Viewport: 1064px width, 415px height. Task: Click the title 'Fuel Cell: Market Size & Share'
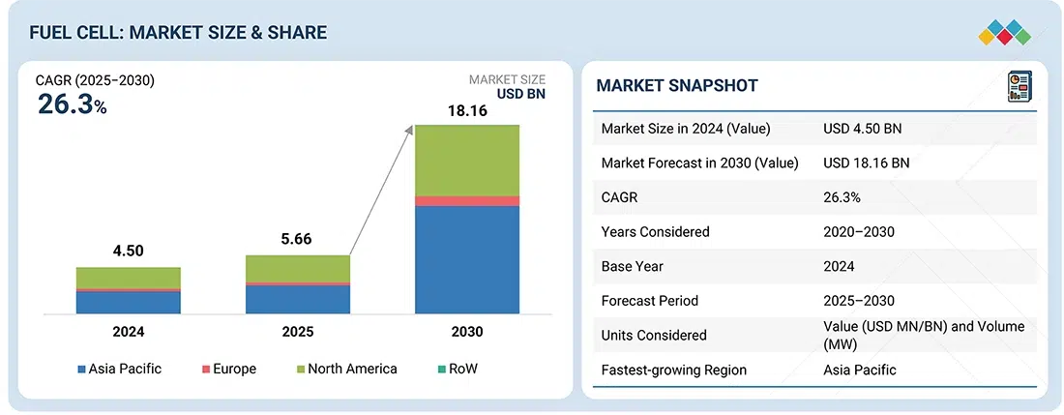point(178,33)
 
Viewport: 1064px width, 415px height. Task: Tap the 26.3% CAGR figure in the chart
point(72,104)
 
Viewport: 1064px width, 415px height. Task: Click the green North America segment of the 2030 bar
point(467,160)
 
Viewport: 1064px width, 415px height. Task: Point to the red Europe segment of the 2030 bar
point(467,200)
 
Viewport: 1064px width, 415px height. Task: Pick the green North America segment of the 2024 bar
point(129,278)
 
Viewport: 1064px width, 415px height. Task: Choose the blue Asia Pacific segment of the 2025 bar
point(298,299)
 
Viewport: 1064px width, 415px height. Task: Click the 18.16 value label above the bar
point(467,111)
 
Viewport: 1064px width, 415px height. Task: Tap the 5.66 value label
point(298,240)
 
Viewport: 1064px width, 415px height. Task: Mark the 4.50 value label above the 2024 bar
point(129,252)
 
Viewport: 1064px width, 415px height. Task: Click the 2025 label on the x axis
point(298,332)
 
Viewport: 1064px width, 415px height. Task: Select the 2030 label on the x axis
point(467,332)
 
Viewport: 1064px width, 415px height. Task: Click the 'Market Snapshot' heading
point(677,86)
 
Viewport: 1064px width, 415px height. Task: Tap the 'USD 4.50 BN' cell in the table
point(864,129)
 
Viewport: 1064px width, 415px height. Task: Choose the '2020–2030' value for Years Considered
point(859,232)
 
